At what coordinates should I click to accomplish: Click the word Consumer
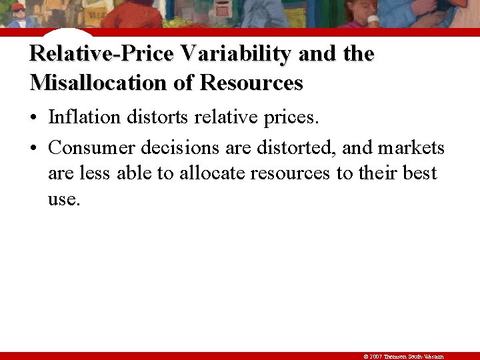tap(91, 147)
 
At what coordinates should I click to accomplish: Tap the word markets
tap(411, 147)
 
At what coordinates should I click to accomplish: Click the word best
tap(420, 173)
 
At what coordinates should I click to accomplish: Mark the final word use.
tap(63, 200)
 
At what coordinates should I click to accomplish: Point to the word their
tap(377, 173)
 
